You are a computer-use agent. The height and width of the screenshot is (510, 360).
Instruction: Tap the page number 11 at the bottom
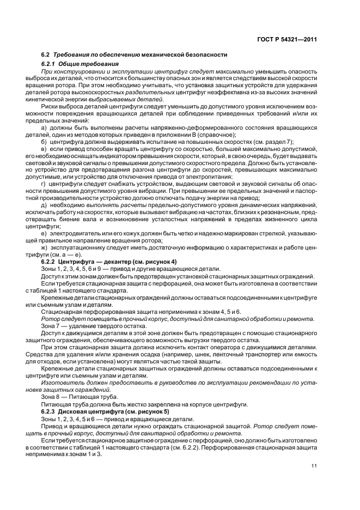click(314, 465)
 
